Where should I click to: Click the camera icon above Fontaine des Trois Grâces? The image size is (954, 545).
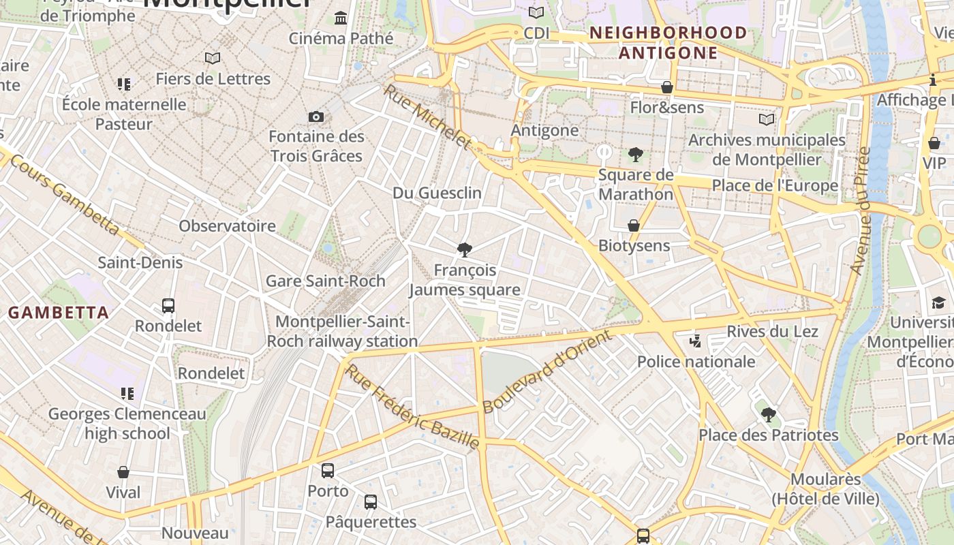[316, 116]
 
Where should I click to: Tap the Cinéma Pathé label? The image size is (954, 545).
[341, 38]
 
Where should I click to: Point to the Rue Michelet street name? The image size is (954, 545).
[427, 117]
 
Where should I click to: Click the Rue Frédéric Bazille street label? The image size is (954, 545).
[412, 407]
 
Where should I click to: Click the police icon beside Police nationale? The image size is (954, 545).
[695, 341]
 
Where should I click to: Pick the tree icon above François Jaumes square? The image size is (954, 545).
[465, 250]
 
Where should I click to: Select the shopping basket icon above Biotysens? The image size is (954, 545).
[634, 225]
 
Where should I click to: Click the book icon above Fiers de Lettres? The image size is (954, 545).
[213, 59]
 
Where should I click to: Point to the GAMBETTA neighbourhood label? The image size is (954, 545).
[59, 313]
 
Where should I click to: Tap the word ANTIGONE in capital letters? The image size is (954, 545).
[668, 53]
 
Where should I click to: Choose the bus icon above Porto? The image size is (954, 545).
[328, 471]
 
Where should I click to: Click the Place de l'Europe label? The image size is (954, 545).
[775, 186]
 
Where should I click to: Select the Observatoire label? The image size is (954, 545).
[227, 226]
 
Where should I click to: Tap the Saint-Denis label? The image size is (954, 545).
[140, 262]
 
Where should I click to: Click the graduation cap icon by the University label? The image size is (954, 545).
[938, 302]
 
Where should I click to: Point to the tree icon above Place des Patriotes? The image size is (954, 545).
[769, 414]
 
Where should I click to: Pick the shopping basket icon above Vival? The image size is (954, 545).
[123, 472]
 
